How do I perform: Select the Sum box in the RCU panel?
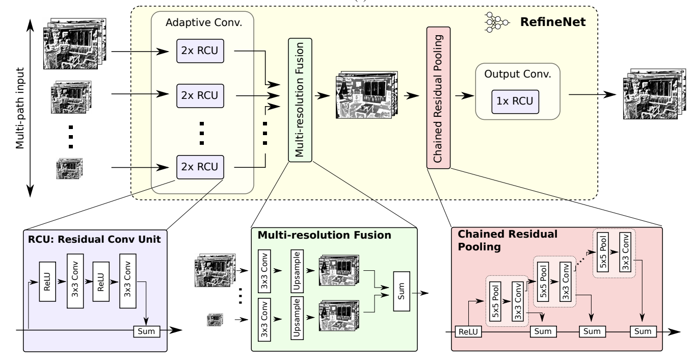tap(146, 331)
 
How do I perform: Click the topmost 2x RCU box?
tap(197, 51)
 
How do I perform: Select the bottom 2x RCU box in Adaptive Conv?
tap(197, 166)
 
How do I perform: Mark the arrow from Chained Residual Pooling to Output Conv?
tap(462, 95)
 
